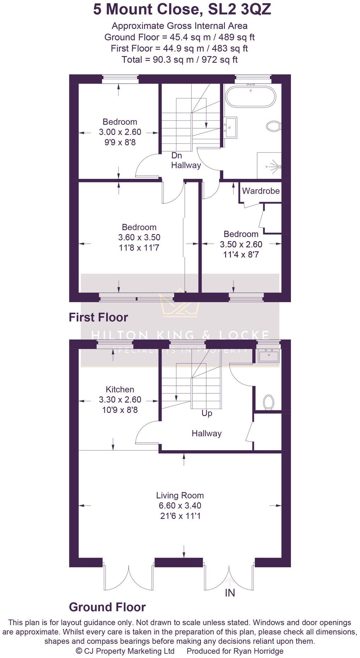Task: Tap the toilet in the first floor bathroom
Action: pos(273,126)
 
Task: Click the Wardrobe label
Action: pos(261,191)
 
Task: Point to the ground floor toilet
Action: pos(269,402)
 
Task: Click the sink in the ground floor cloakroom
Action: pos(269,356)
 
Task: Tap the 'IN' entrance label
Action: pos(230,593)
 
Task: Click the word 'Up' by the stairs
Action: pos(207,413)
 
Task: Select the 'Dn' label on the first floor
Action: pos(176,155)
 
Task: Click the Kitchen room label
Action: pos(120,390)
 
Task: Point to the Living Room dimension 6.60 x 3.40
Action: pos(180,506)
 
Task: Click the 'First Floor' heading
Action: pos(98,317)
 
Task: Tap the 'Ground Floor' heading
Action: pos(107,607)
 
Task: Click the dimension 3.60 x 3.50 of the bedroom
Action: pos(139,237)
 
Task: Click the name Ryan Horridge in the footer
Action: pos(258,651)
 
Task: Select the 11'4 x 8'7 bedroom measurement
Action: pos(241,254)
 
